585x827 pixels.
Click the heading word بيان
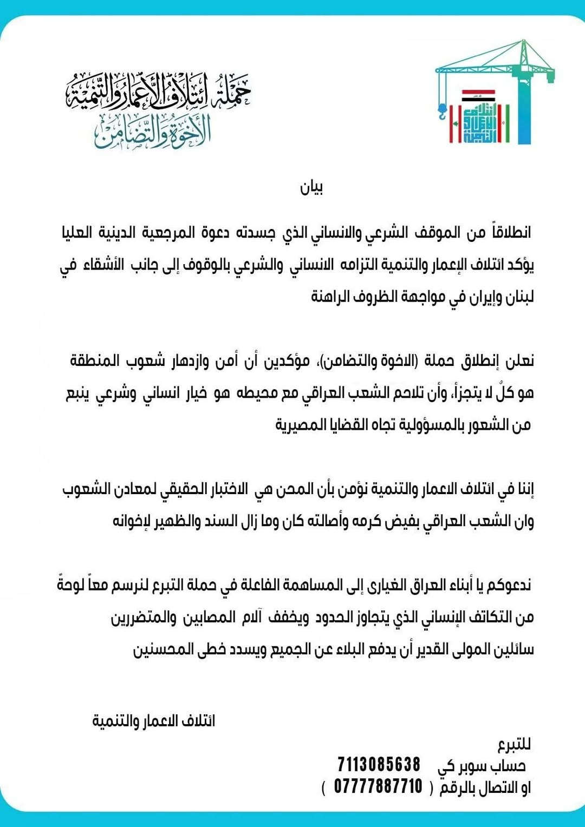click(x=311, y=187)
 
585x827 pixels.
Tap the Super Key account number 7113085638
click(x=379, y=764)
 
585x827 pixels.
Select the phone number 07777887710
click(x=378, y=786)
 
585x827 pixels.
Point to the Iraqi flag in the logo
click(x=478, y=96)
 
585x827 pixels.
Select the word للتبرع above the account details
click(x=514, y=745)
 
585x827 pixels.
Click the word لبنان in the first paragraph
click(x=519, y=297)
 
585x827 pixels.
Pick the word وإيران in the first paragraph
click(x=486, y=297)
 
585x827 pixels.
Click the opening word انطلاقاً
click(x=511, y=232)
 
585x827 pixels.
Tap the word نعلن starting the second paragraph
click(x=520, y=360)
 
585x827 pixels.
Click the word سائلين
click(x=514, y=649)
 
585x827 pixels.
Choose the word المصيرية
click(x=301, y=425)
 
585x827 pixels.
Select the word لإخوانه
click(x=133, y=521)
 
